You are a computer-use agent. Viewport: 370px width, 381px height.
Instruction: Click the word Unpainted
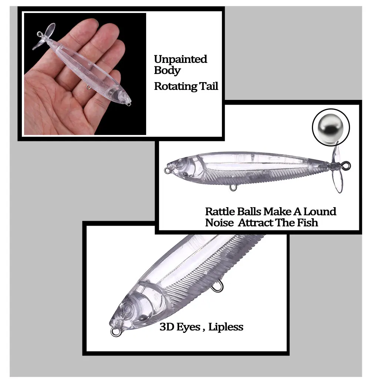(x=181, y=59)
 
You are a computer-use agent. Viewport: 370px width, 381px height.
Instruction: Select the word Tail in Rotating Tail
(x=209, y=86)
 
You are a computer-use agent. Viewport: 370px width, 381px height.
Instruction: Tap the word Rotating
(x=175, y=87)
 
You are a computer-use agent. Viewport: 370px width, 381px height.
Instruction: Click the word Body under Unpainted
(x=167, y=70)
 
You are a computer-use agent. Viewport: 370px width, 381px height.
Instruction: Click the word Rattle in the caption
(x=220, y=211)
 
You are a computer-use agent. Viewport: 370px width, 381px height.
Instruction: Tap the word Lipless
(x=226, y=327)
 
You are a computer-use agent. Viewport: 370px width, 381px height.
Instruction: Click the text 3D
(x=167, y=327)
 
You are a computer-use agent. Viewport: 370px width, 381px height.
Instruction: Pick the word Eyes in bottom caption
(x=188, y=327)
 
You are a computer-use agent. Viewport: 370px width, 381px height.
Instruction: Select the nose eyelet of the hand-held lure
(x=129, y=104)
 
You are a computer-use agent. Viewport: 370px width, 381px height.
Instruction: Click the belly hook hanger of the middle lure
(x=233, y=188)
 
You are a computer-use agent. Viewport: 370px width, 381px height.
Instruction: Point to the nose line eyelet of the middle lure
(x=167, y=171)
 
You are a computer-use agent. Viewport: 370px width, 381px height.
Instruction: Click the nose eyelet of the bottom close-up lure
(x=115, y=332)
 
